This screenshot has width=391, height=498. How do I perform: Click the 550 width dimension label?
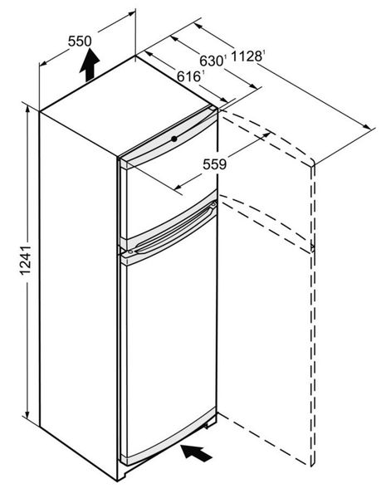(80, 41)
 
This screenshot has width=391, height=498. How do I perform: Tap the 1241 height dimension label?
(26, 260)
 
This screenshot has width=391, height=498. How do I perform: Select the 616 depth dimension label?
(189, 76)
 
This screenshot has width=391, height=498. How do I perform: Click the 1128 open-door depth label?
(247, 56)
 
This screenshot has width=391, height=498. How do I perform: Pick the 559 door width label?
(214, 164)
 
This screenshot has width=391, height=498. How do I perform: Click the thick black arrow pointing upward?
(90, 65)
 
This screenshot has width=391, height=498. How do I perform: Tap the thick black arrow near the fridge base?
(196, 452)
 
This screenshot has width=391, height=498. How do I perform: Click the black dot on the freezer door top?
(174, 139)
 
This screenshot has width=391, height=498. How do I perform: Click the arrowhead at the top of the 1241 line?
(27, 108)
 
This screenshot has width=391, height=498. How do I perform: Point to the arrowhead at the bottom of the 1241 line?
(27, 414)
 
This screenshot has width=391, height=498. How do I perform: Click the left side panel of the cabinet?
(78, 292)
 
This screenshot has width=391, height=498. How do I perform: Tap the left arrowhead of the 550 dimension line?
(43, 63)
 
